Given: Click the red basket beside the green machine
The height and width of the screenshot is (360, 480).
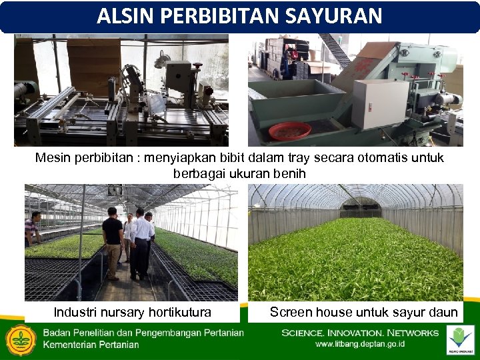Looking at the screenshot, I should click(x=289, y=131).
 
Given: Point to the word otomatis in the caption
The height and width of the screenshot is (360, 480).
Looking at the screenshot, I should click(x=363, y=159).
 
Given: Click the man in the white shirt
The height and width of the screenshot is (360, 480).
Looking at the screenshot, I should click(x=141, y=243).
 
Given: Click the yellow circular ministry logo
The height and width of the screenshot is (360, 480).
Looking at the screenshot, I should click(x=21, y=340).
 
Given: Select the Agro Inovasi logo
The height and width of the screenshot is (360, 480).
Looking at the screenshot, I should click(x=459, y=339).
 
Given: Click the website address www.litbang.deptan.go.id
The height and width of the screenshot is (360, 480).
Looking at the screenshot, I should click(x=360, y=345).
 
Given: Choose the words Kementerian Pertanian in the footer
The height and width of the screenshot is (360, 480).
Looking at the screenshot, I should click(x=91, y=345).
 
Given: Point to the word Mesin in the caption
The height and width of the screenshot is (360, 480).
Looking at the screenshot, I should click(x=53, y=159).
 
